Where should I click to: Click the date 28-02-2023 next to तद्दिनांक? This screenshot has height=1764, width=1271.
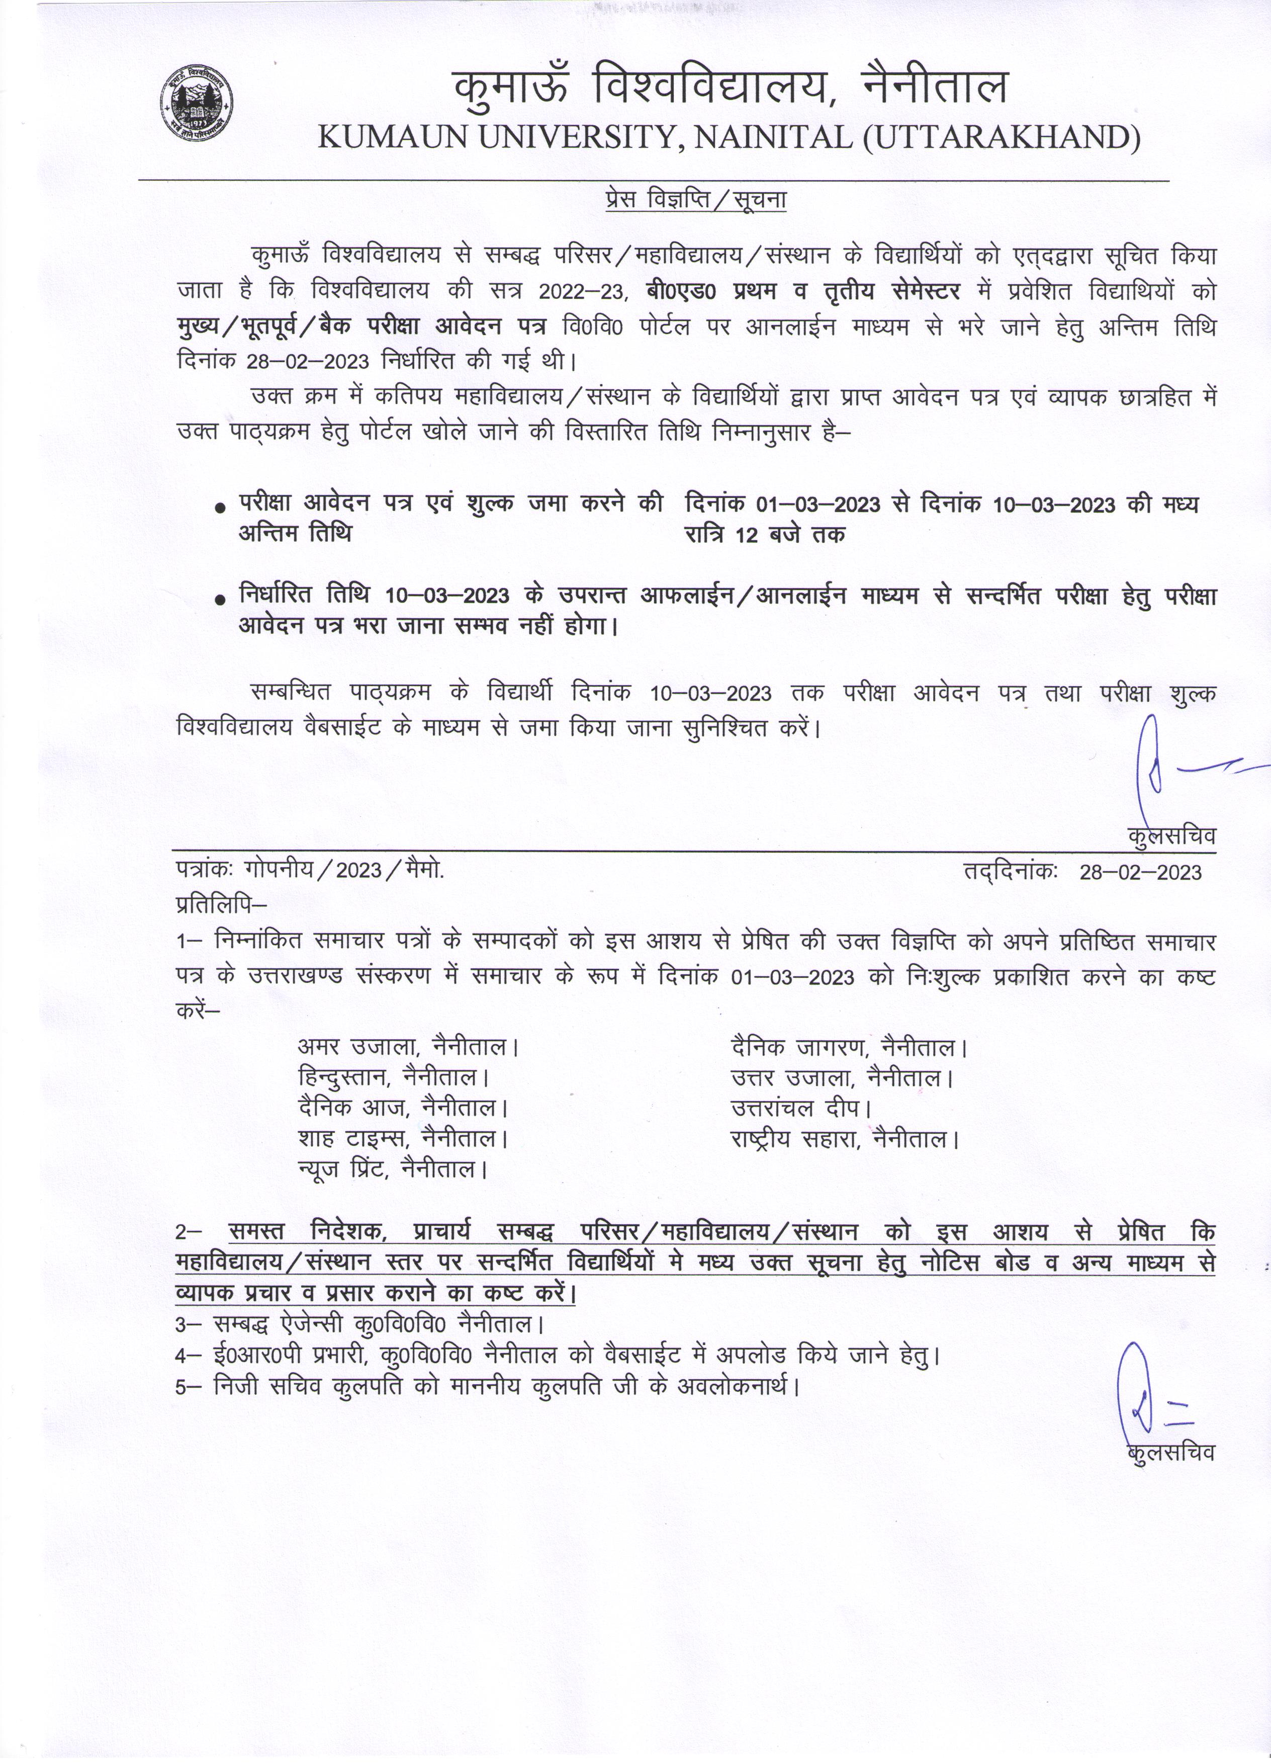pos(1140,872)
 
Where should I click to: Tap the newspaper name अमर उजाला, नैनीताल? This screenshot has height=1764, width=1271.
pos(408,1047)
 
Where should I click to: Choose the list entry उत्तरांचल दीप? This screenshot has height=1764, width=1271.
pos(801,1108)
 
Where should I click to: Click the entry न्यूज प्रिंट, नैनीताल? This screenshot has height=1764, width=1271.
pos(393,1170)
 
